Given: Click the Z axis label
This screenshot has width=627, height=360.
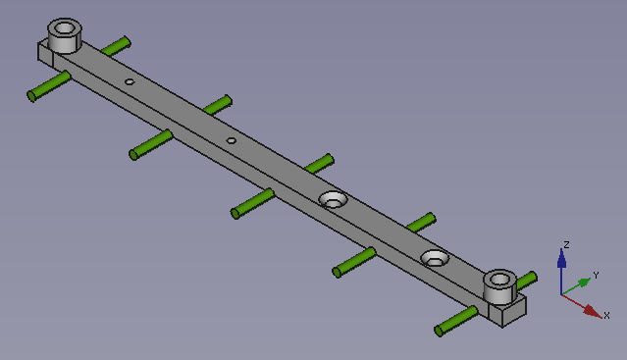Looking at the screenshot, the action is coord(566,244).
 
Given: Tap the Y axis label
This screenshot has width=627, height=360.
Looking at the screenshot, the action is coord(596,276).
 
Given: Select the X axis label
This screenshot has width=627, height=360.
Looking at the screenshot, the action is coord(606,315).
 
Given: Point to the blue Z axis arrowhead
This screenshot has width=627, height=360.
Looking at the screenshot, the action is coord(561,258).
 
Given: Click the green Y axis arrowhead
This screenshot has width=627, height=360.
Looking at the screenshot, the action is coord(584,283).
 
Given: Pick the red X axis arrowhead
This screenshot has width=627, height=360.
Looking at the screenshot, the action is coord(593,312).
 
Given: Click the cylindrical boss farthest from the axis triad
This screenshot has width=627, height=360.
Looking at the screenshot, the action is coord(65,35).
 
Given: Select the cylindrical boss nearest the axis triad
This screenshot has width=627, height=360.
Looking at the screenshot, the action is coord(499,286).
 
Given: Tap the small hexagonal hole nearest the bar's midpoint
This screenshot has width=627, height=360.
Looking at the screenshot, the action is coord(232,140).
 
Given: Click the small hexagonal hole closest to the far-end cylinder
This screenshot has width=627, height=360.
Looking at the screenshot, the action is coord(130,82).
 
